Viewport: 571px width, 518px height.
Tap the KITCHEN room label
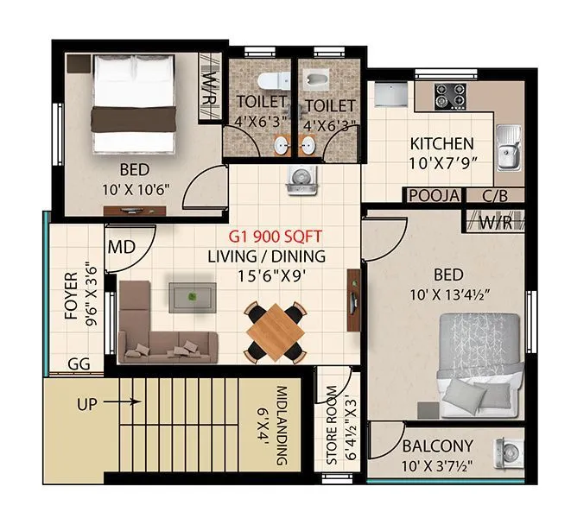coord(441,143)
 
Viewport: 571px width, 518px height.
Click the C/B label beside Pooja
coord(495,196)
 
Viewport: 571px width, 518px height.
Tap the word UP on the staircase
coord(88,404)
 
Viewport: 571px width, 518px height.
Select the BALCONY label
coord(437,446)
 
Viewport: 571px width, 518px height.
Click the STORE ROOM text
coord(332,420)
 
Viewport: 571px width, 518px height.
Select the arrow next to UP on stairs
coord(125,401)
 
